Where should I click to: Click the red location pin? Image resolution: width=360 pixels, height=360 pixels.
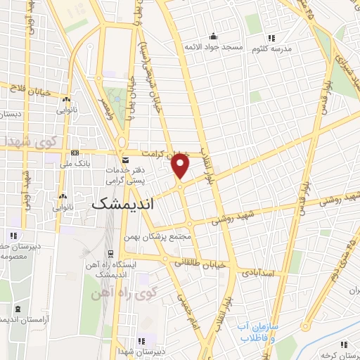coord(181,166)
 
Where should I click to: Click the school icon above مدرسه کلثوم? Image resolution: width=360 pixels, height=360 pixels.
coord(270,38)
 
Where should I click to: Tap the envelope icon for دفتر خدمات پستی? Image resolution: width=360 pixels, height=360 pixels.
coord(127,160)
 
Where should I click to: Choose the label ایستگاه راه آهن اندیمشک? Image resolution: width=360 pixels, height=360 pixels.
coord(137,262)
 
